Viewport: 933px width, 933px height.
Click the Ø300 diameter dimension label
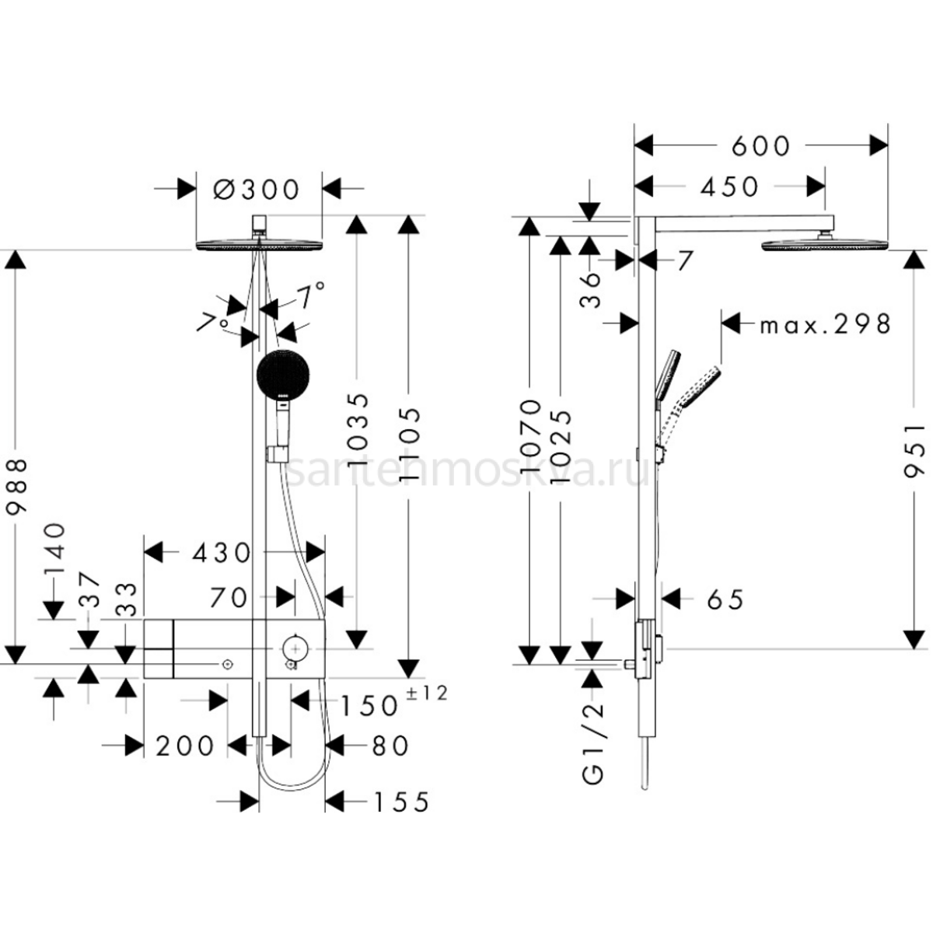pyautogui.click(x=257, y=189)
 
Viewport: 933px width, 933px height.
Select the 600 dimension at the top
pyautogui.click(x=760, y=146)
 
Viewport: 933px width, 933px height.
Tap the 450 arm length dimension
pyautogui.click(x=729, y=187)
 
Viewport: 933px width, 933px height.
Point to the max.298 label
pyautogui.click(x=825, y=323)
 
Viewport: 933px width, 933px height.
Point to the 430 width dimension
pyautogui.click(x=221, y=553)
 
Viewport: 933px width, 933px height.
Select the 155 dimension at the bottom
pyautogui.click(x=400, y=802)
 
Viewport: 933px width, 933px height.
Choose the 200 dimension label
pyautogui.click(x=184, y=746)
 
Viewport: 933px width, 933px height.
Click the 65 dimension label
pyautogui.click(x=725, y=599)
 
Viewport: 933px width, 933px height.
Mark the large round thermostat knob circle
pyautogui.click(x=294, y=646)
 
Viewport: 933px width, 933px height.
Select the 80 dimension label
pyautogui.click(x=389, y=746)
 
